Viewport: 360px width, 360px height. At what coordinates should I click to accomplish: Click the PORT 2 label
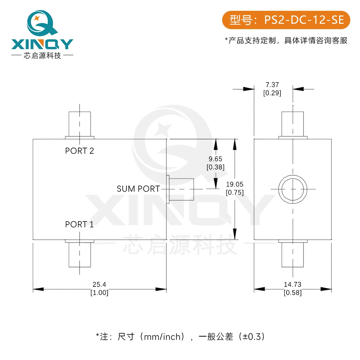click(x=80, y=151)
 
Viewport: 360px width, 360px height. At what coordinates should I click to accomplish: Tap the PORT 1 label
click(x=80, y=224)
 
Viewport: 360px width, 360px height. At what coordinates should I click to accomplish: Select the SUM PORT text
click(x=138, y=189)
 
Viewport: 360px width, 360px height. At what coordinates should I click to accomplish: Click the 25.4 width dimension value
click(x=99, y=284)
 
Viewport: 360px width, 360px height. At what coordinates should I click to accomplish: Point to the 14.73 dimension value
click(x=292, y=284)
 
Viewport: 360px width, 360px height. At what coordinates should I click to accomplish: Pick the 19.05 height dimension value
click(x=235, y=184)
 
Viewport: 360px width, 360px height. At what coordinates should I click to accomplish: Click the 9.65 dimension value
click(x=215, y=159)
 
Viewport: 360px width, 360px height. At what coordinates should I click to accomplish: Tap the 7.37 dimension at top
click(x=272, y=85)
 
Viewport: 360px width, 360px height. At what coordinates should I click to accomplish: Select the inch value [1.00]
click(x=99, y=293)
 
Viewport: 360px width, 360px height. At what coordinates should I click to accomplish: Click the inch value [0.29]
click(x=272, y=93)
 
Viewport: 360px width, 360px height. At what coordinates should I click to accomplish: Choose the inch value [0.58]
click(x=293, y=293)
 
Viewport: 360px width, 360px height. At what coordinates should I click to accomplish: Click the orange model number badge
click(x=286, y=20)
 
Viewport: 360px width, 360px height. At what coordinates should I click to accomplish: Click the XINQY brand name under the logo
click(x=42, y=44)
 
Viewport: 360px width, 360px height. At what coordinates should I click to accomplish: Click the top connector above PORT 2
click(x=80, y=125)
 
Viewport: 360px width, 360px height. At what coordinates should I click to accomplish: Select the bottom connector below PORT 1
click(x=80, y=253)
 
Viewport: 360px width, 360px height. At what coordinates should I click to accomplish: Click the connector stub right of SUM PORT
click(x=180, y=189)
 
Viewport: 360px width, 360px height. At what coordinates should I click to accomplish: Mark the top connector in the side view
click(x=293, y=125)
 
